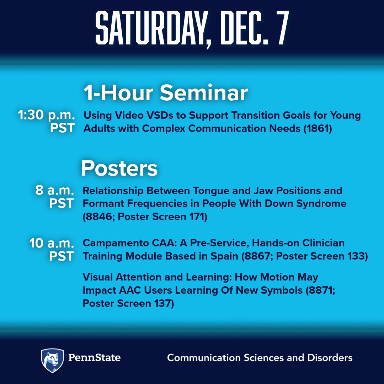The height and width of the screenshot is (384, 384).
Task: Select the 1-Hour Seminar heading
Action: pyautogui.click(x=165, y=93)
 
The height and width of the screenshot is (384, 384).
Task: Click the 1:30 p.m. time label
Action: pyautogui.click(x=46, y=115)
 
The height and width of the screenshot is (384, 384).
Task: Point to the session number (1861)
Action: pyautogui.click(x=318, y=128)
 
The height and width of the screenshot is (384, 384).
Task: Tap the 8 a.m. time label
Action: pyautogui.click(x=54, y=191)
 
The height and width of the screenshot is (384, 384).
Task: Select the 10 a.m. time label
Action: pyautogui.click(x=52, y=243)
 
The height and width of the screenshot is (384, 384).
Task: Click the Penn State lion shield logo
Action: pyautogui.click(x=53, y=360)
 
